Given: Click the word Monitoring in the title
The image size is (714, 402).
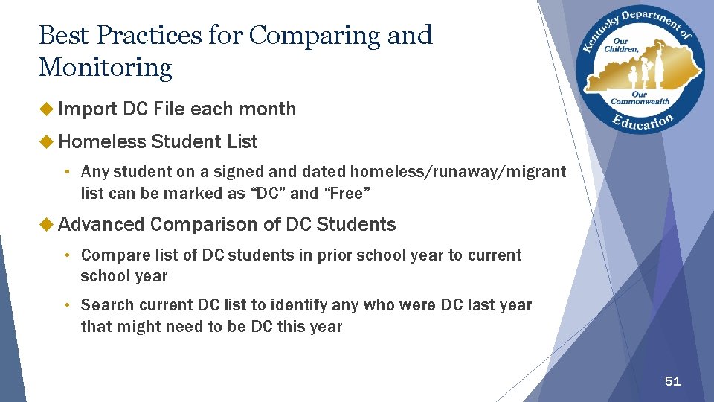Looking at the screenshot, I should point(105,68).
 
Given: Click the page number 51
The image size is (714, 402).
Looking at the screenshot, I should point(672,381).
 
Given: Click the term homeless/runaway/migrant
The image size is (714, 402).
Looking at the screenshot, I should point(457,172).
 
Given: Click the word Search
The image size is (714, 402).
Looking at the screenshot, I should point(106,304).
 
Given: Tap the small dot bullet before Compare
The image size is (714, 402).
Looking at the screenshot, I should point(67,255).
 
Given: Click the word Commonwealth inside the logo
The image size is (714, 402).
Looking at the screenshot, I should point(640,101).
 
